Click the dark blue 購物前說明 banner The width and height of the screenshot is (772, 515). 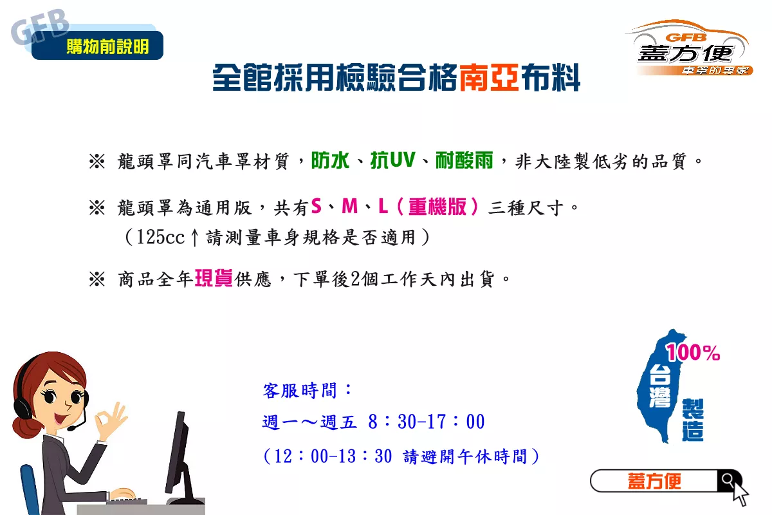98,45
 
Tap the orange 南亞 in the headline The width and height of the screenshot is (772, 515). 489,77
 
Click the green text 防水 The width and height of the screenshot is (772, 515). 330,160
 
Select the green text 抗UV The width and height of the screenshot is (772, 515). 393,160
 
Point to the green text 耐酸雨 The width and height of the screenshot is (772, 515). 464,160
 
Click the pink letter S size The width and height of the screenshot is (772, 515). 316,206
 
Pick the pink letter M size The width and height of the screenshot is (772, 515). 349,206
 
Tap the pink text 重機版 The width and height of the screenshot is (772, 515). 437,207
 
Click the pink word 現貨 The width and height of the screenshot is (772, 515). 214,278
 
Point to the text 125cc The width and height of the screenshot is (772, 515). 161,238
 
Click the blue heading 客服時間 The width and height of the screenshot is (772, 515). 300,391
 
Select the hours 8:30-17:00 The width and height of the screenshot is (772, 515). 427,422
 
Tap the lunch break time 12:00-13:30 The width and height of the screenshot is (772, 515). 333,456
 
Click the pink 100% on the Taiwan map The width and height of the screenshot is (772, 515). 693,352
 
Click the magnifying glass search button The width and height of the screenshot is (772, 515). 728,480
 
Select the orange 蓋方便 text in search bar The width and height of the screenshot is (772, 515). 654,481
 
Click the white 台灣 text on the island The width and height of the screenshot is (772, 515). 659,387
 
